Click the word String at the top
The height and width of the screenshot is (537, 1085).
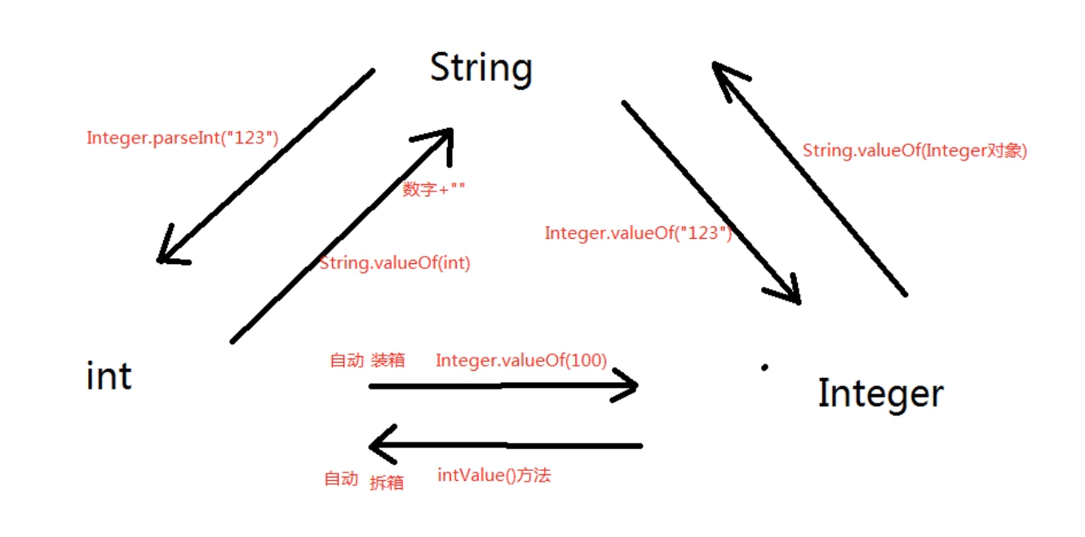(480, 68)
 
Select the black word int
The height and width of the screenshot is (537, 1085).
(108, 376)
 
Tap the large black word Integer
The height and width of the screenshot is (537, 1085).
(880, 394)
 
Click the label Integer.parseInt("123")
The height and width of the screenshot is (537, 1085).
(183, 138)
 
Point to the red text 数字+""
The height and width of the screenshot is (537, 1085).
(434, 189)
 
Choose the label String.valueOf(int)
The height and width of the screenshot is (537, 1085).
(395, 263)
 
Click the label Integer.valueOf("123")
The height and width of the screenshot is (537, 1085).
(637, 233)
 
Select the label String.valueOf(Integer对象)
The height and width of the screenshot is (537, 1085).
(914, 151)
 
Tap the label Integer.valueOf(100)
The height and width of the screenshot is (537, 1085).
(521, 360)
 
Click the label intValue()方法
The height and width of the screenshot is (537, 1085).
(494, 474)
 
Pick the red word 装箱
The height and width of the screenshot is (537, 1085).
(387, 360)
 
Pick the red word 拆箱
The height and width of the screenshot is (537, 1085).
(387, 482)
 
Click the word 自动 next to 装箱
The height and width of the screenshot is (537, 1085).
(346, 360)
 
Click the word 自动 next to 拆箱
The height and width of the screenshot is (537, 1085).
(341, 478)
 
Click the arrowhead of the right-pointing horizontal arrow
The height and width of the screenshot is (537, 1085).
(628, 385)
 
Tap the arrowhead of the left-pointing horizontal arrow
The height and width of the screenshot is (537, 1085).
(380, 446)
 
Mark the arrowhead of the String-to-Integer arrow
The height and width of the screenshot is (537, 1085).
(788, 293)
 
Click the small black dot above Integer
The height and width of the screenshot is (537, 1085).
(764, 368)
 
